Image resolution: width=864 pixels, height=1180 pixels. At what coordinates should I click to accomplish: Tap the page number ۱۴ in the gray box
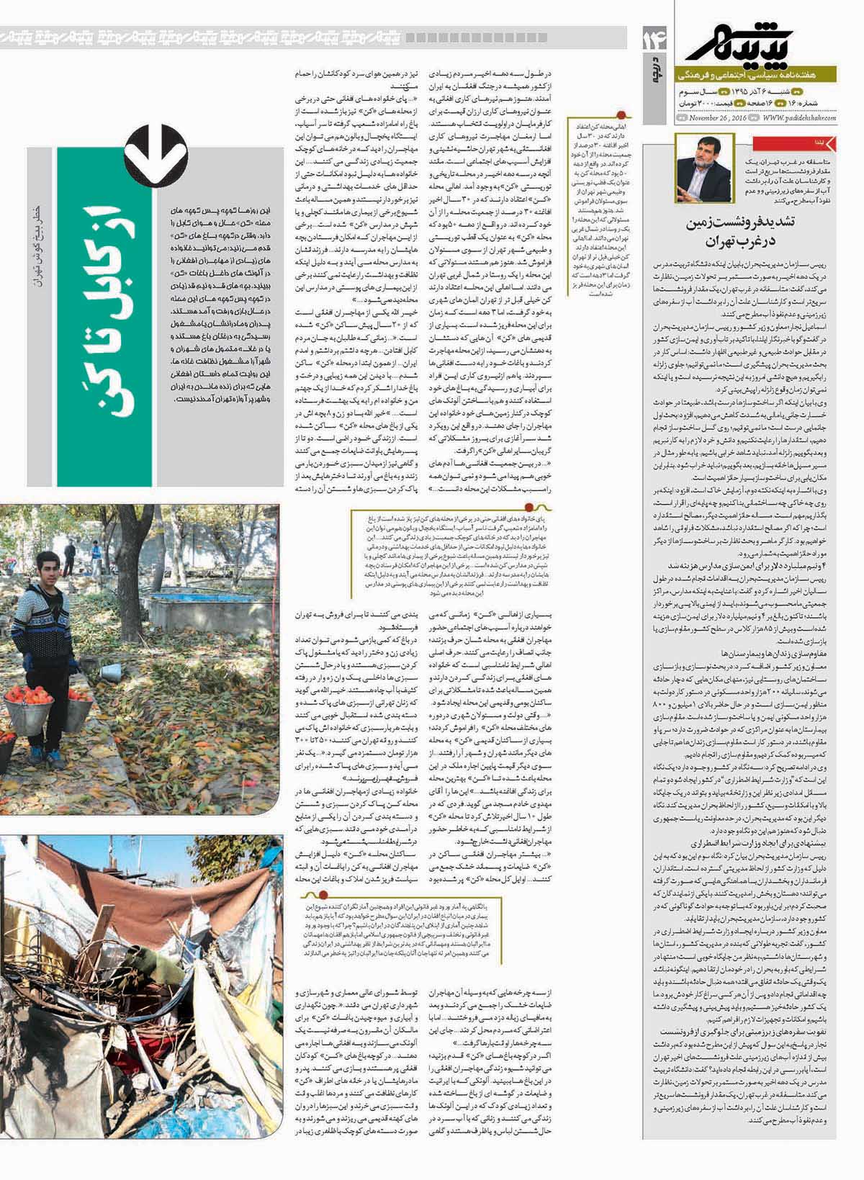[658, 37]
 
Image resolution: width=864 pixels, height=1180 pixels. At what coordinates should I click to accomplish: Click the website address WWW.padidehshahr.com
[799, 118]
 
